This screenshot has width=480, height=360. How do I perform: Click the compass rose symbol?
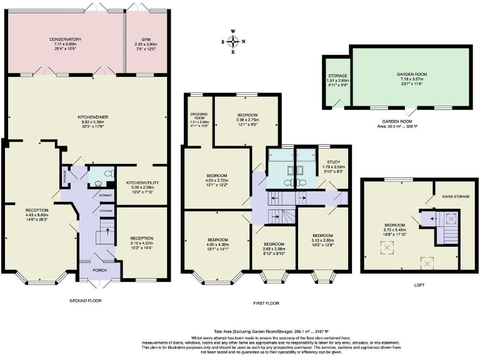pyautogui.click(x=233, y=42)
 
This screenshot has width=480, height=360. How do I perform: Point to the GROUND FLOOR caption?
pyautogui.click(x=86, y=301)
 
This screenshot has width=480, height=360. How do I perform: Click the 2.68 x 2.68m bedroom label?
pyautogui.click(x=274, y=247)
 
